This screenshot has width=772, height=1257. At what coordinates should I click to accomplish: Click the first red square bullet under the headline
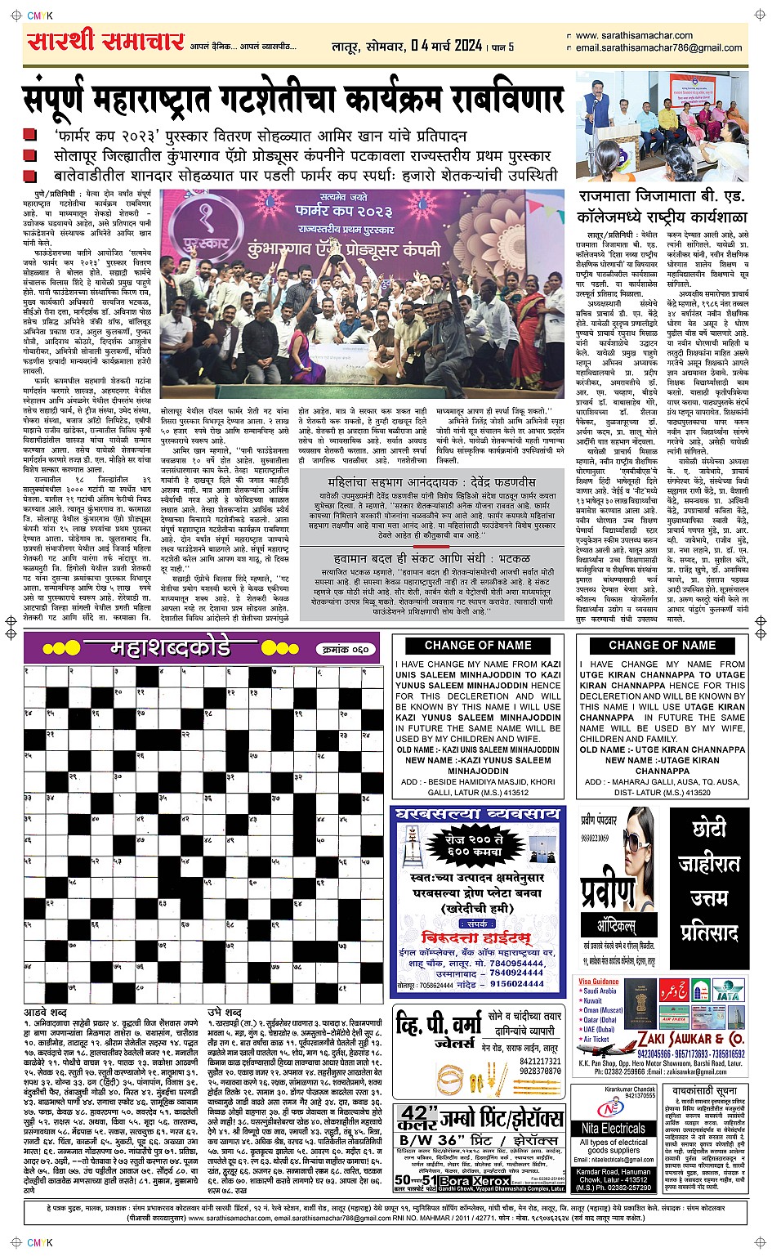coord(29,136)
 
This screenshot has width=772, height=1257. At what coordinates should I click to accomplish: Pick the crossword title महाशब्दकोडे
coord(170,649)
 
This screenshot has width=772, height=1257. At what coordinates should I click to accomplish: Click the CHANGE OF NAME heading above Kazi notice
coord(478,645)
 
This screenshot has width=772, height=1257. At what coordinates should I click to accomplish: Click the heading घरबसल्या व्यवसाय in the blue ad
coord(477,815)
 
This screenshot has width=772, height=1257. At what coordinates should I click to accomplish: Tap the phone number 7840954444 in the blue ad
coord(516,963)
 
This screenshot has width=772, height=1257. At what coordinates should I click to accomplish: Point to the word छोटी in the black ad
coord(708,830)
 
